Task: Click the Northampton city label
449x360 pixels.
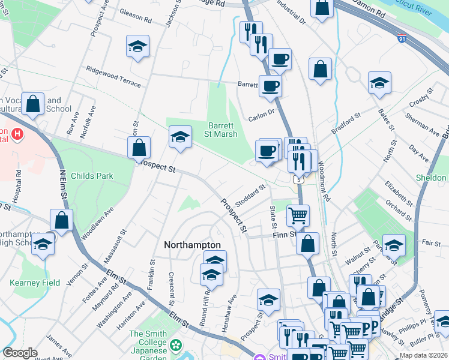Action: click(193, 245)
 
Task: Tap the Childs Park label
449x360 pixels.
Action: click(92, 176)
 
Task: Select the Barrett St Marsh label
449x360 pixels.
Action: click(223, 130)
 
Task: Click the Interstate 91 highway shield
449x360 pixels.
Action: click(402, 38)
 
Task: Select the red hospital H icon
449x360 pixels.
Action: click(17, 134)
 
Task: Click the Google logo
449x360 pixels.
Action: click(20, 353)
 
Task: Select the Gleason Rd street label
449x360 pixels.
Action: click(136, 15)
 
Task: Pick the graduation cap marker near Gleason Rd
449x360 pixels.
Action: click(137, 46)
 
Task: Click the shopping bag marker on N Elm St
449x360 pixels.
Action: click(61, 220)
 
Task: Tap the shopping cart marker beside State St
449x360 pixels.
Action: click(298, 214)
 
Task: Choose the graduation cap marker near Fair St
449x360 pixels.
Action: click(394, 245)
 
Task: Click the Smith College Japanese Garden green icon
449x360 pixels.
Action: click(175, 345)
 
